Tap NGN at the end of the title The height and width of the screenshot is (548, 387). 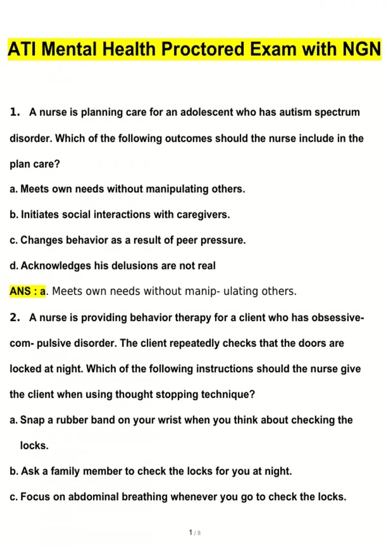[362, 49]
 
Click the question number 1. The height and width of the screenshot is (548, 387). [15, 112]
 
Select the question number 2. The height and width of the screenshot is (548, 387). [15, 318]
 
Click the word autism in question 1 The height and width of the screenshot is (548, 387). [295, 112]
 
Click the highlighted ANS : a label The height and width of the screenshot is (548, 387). [28, 291]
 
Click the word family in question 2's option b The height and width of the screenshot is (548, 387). [65, 471]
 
